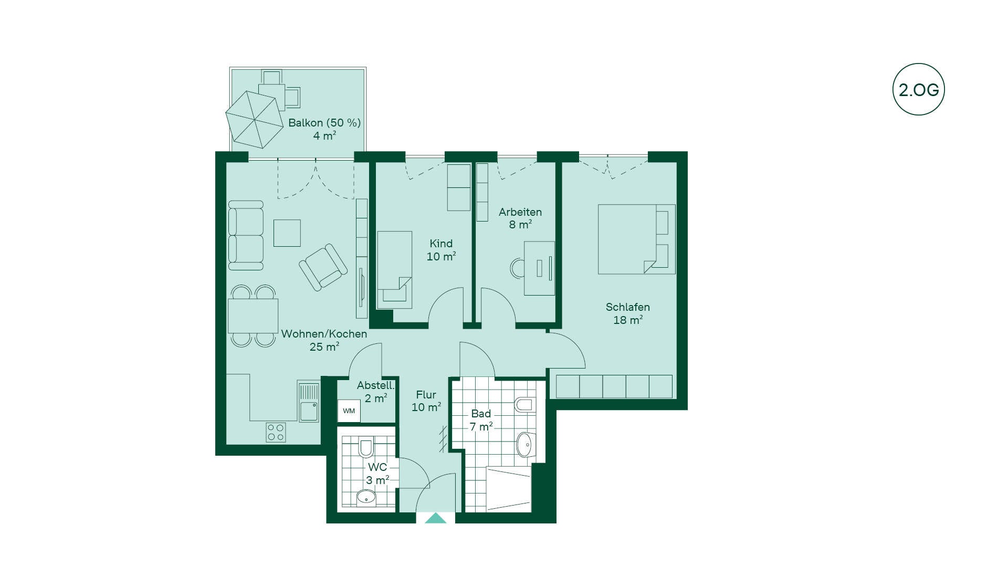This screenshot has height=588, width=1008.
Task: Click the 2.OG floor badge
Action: [918, 89]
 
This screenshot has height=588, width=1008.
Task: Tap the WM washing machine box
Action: [349, 411]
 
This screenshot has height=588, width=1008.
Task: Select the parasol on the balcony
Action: [255, 119]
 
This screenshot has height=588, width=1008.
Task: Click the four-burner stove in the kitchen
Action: [276, 432]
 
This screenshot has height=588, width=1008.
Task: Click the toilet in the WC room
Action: [366, 448]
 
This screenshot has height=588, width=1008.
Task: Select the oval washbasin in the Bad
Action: [524, 445]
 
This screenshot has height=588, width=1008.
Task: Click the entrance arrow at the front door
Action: [436, 518]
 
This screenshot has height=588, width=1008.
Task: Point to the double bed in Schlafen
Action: [637, 239]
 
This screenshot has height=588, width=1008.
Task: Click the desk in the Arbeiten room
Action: [539, 268]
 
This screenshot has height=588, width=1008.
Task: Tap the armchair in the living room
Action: [323, 267]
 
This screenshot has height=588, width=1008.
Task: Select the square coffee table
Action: [287, 233]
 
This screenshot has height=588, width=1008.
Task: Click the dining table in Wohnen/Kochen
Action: [253, 316]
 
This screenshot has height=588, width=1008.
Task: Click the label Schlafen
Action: [627, 307]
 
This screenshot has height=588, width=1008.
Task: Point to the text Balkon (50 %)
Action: [324, 123]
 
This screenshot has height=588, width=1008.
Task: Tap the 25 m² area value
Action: [324, 346]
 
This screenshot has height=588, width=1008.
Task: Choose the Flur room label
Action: [426, 395]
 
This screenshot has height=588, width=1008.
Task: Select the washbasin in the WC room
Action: [366, 497]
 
